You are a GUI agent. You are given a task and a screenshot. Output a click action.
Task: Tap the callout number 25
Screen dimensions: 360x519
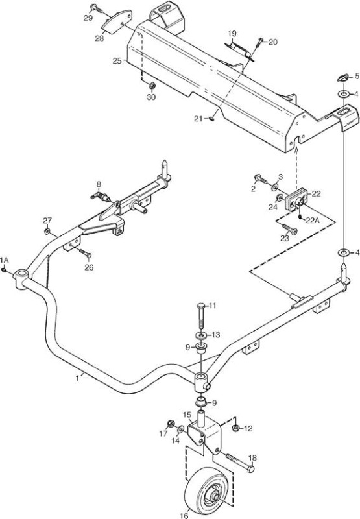coord(117,61)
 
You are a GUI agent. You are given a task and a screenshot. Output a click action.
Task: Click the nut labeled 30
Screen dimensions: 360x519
coord(152,86)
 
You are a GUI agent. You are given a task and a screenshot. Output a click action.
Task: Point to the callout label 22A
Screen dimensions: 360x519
coord(313,221)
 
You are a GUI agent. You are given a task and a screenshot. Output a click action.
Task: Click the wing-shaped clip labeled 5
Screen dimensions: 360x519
coord(342,78)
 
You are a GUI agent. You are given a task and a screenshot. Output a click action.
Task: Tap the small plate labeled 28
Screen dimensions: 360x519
coord(117,21)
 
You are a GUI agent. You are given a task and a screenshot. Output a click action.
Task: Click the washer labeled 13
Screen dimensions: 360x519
coord(202,335)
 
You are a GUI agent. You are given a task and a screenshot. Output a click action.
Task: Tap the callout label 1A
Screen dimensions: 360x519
coord(5,260)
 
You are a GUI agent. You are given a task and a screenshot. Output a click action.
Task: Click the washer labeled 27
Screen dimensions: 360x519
coord(47,230)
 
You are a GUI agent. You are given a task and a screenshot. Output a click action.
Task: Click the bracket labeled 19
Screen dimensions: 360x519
coord(239,51)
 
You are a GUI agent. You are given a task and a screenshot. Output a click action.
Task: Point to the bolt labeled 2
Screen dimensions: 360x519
coord(260,180)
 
